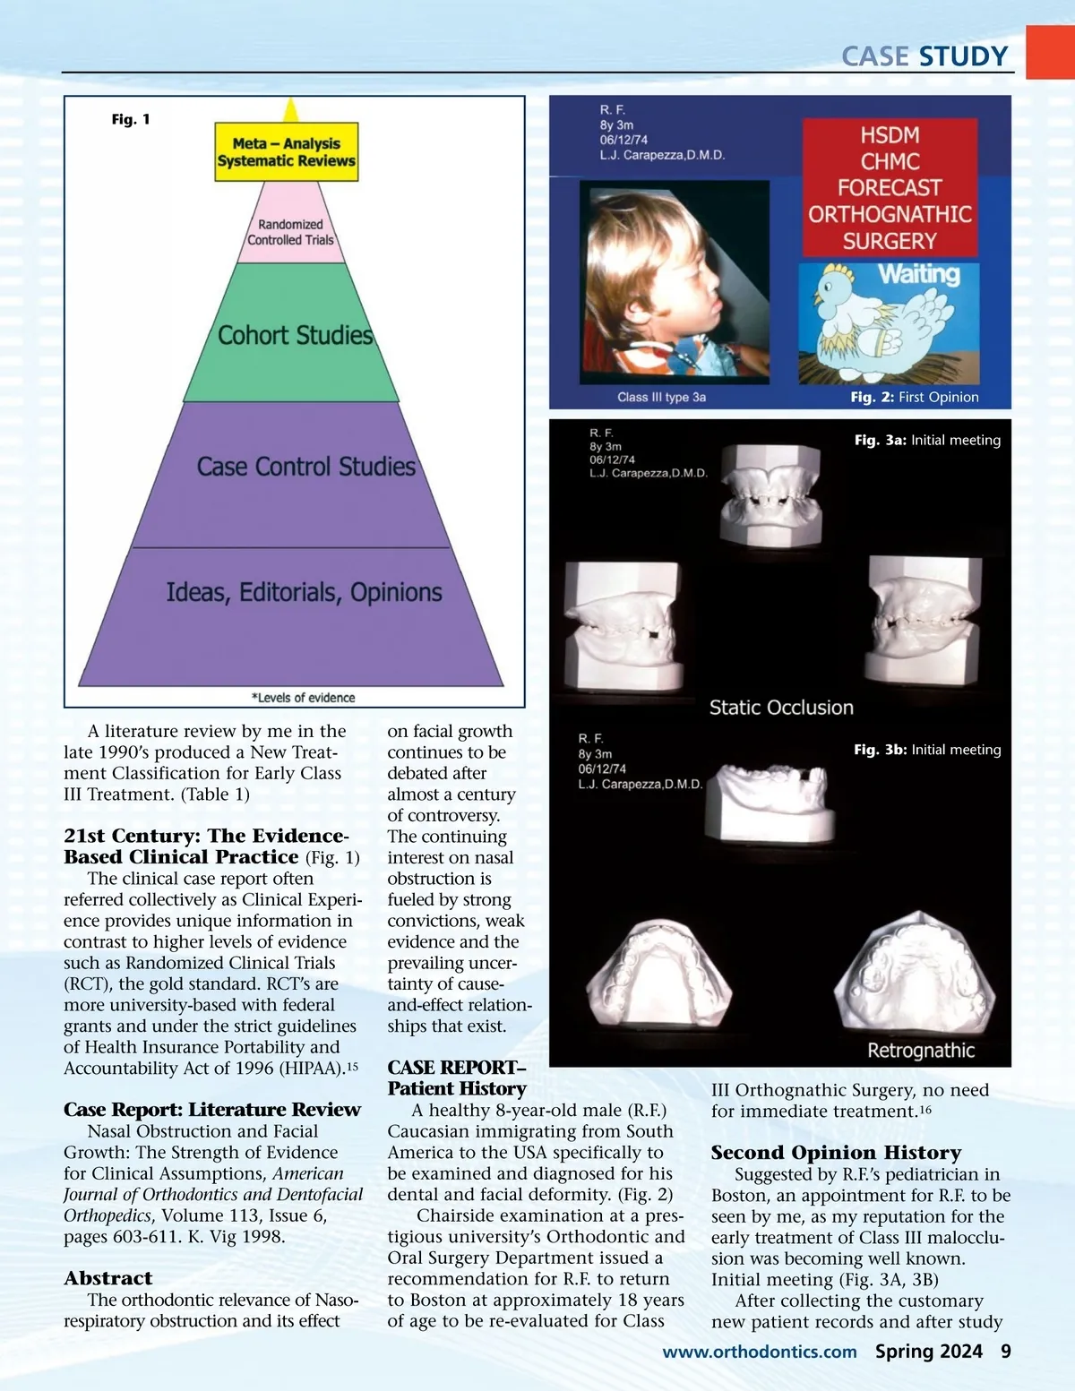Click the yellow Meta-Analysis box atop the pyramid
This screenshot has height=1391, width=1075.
coord(286,152)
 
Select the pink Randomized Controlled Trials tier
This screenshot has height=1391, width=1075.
coord(290,232)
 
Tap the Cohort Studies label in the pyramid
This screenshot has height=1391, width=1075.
coord(295,335)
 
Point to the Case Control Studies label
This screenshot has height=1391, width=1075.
coord(305,467)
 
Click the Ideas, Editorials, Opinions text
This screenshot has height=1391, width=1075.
coord(304,592)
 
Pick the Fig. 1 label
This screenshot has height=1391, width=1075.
coord(131,119)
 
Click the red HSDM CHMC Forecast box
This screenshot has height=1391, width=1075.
coord(890,188)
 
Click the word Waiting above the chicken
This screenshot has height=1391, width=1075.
coord(918,274)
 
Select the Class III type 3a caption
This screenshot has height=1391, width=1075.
coord(661,397)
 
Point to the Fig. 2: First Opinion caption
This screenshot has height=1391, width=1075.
coord(914,397)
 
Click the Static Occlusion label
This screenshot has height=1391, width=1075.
coord(781,708)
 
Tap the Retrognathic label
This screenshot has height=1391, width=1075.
coord(921,1051)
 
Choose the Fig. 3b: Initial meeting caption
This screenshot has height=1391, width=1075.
coord(927,750)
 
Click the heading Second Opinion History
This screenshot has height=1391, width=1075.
coord(836,1153)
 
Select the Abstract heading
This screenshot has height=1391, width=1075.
coord(108,1278)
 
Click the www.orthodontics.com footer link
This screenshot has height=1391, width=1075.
coord(760,1352)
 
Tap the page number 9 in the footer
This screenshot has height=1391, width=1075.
coord(1006,1352)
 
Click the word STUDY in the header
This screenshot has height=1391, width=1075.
coord(963,56)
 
